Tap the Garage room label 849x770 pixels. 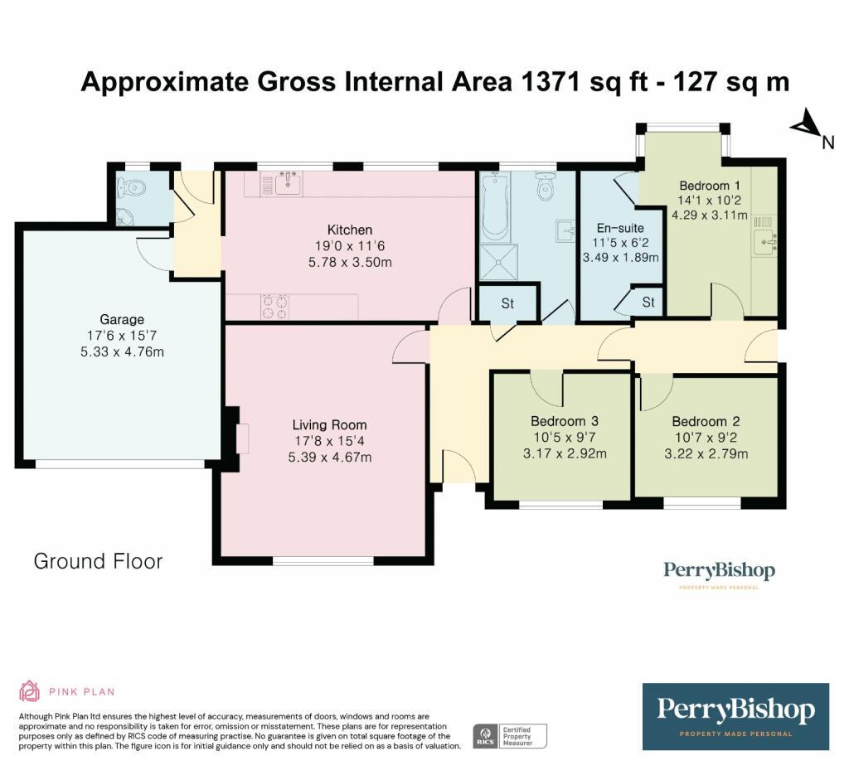click(x=122, y=319)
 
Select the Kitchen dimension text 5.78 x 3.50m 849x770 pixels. click(x=349, y=263)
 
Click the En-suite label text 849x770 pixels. click(x=620, y=228)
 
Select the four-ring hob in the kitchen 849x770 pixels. click(x=274, y=307)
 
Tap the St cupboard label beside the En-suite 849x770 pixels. click(x=648, y=303)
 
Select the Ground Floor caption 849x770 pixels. click(x=98, y=561)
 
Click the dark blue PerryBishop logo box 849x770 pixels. click(x=735, y=716)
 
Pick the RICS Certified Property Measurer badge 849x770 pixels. click(x=510, y=735)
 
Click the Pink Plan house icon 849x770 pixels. click(x=29, y=691)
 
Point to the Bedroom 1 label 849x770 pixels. click(x=710, y=186)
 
